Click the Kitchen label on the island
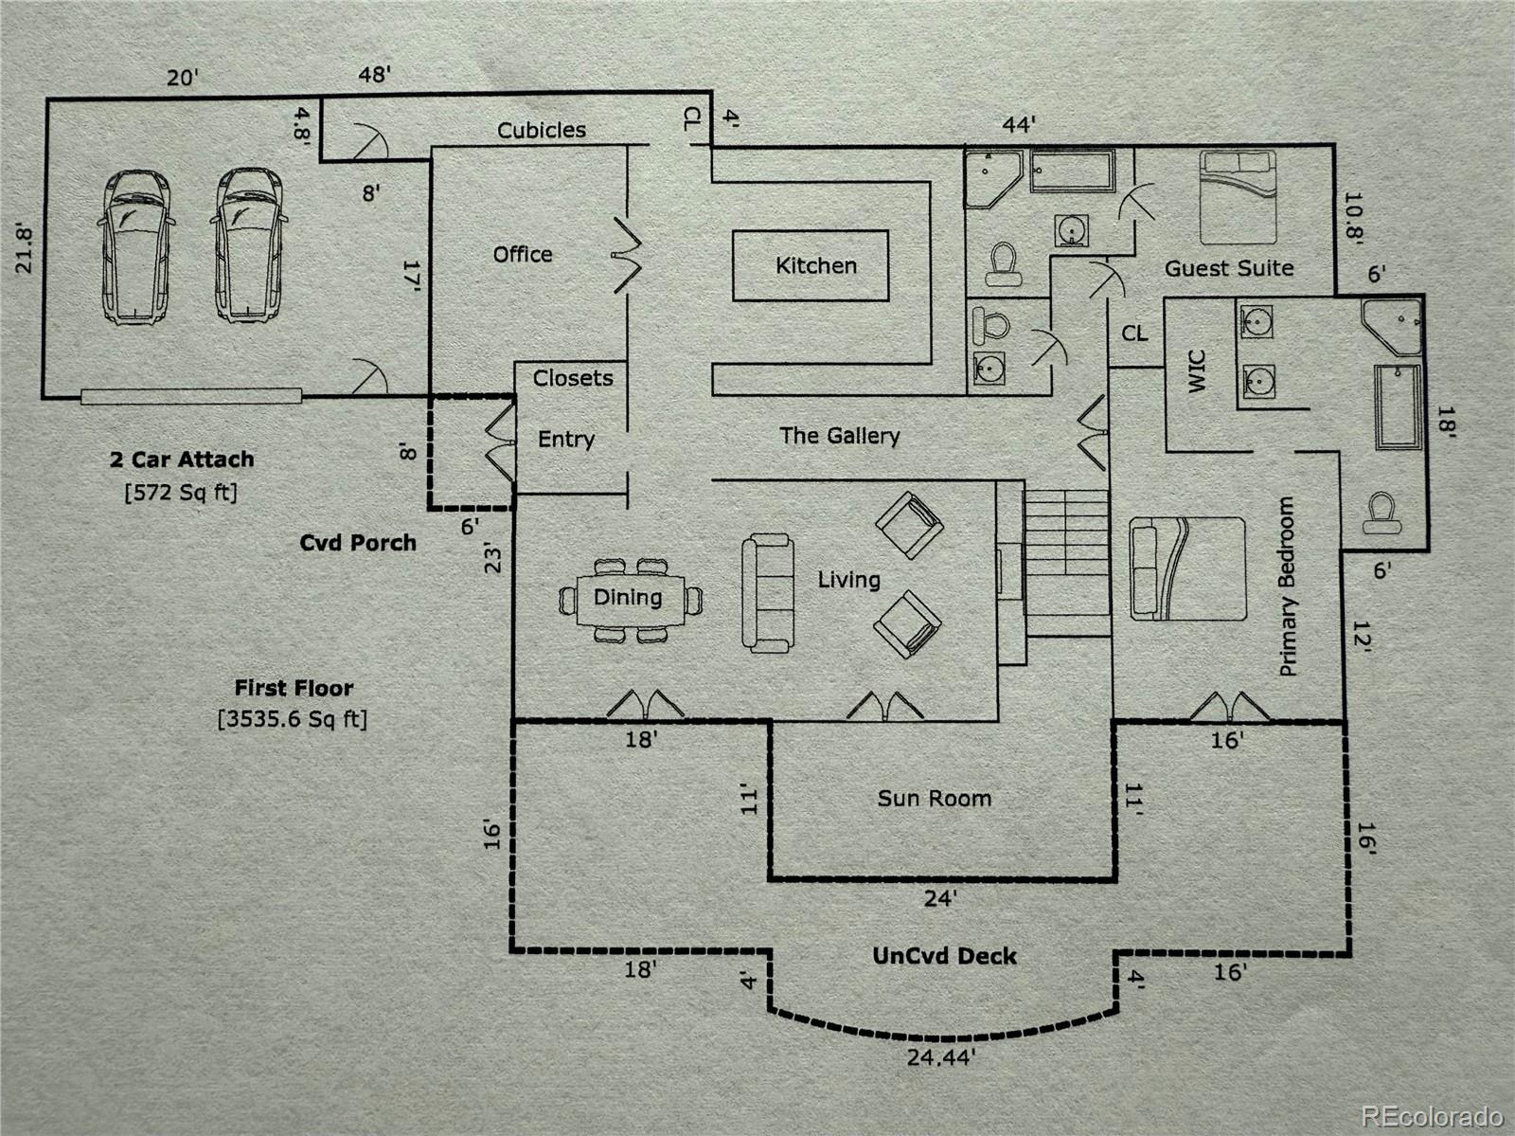[x=815, y=266]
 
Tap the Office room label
[x=523, y=254]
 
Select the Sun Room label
[x=934, y=799]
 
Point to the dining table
[x=629, y=599]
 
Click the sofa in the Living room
[x=767, y=593]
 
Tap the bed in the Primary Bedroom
[x=1187, y=568]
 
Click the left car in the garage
[x=136, y=246]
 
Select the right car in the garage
[x=249, y=246]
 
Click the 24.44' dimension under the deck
[x=940, y=1056]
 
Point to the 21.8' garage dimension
[x=25, y=248]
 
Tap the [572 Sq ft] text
[x=181, y=492]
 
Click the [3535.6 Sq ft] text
[x=293, y=718]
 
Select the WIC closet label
[x=1197, y=371]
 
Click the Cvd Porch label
[x=358, y=543]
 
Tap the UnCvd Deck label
[x=944, y=956]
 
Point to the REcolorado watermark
[x=1432, y=1114]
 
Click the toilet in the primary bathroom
[x=1381, y=512]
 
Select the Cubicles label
[x=542, y=130]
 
